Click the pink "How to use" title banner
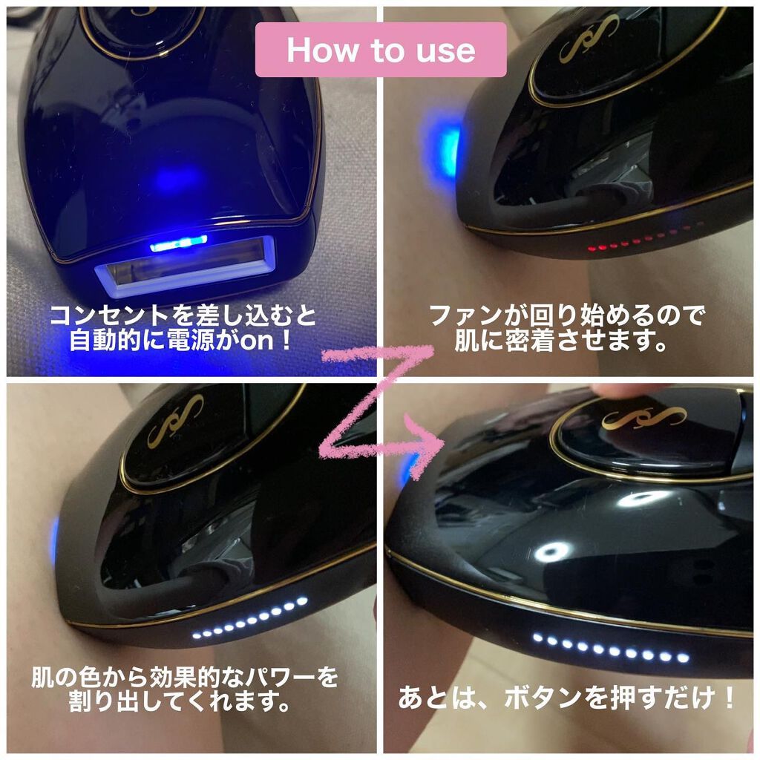[x=381, y=50]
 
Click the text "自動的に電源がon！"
[x=183, y=342]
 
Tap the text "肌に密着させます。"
[x=566, y=343]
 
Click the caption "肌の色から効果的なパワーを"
[x=184, y=676]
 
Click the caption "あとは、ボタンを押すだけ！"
[x=569, y=698]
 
